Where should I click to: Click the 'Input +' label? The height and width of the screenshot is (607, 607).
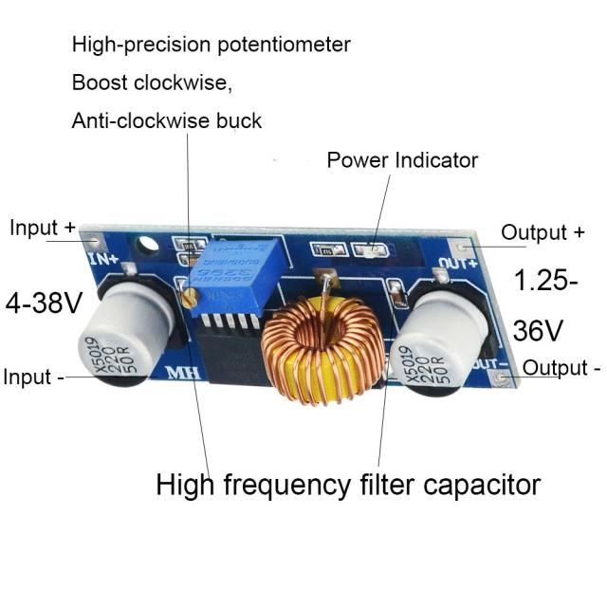tap(42, 229)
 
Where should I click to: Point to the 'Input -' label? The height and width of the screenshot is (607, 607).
tap(34, 377)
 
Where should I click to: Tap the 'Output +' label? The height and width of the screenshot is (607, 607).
tap(543, 232)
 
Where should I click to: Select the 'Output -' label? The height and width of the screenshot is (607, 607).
tap(562, 368)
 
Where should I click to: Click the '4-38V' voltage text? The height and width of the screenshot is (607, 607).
tap(45, 303)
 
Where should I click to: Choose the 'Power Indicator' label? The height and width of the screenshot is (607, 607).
tap(402, 159)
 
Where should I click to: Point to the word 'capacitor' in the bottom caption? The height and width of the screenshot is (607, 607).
tap(482, 485)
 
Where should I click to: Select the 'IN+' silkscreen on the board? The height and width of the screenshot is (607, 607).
tap(101, 256)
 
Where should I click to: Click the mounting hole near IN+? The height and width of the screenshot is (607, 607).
tap(146, 247)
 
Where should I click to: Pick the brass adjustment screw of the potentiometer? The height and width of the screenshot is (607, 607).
tap(191, 298)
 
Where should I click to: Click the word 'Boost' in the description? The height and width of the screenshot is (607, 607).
tap(98, 83)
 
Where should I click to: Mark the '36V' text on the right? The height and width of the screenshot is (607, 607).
tap(539, 330)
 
